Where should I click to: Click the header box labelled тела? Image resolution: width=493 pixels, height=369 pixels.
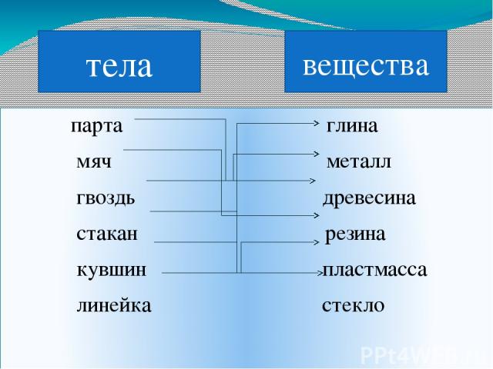point(119,61)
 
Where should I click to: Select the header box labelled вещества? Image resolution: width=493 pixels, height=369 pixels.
point(366,61)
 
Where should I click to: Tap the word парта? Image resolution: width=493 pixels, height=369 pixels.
point(97,127)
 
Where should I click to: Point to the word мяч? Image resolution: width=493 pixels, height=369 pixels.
point(94,162)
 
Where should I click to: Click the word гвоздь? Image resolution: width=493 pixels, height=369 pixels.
point(106,198)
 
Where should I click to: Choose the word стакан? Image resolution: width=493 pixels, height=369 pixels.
point(107,234)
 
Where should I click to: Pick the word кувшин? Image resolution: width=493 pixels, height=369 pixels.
point(112,270)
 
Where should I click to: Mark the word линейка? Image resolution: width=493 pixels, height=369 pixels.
point(114,306)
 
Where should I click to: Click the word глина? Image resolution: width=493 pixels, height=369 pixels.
point(352,126)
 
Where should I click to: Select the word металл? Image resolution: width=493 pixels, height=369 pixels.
point(359,162)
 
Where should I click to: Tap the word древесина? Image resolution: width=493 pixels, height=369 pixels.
point(370,198)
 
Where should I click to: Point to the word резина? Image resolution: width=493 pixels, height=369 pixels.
point(355,234)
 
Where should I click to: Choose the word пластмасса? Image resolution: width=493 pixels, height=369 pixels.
point(375,270)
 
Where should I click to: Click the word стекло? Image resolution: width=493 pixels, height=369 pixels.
point(353,306)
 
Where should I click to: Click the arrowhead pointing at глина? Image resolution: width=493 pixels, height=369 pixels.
point(317,123)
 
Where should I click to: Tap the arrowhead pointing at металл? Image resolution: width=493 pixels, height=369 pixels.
point(317,154)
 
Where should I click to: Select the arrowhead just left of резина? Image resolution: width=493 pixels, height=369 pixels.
point(317,242)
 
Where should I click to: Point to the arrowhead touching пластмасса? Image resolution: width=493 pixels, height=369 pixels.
point(320,273)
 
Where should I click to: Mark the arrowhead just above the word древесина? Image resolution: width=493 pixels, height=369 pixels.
point(314,181)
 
